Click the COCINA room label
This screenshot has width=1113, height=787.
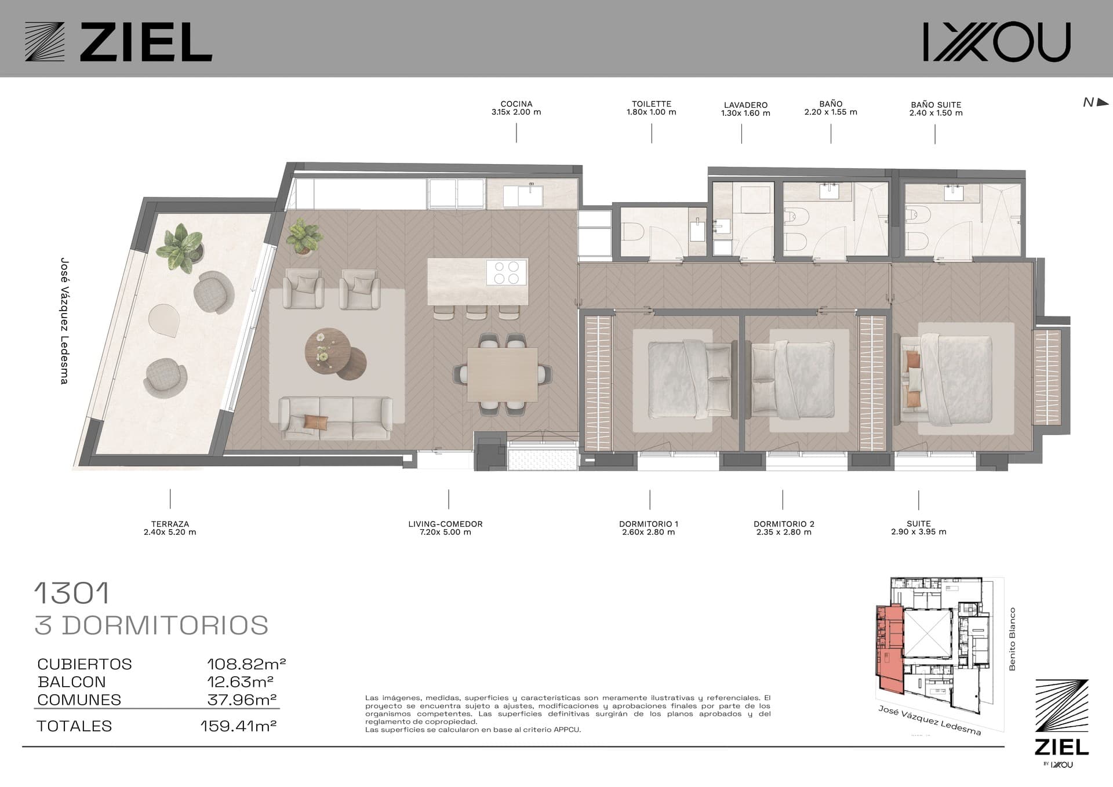[x=516, y=108]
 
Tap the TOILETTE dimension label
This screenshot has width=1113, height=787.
[x=651, y=108]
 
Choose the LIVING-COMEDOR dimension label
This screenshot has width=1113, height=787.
[x=445, y=528]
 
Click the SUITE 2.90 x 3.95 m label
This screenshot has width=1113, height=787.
[x=919, y=527]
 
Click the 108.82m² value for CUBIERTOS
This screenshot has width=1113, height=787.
[x=246, y=664]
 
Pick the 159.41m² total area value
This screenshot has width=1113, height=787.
[x=238, y=726]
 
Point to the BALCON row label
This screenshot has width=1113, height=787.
[x=72, y=682]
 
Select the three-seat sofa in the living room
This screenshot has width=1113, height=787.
[x=335, y=418]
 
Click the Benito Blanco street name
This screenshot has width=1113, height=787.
[x=1012, y=639]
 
